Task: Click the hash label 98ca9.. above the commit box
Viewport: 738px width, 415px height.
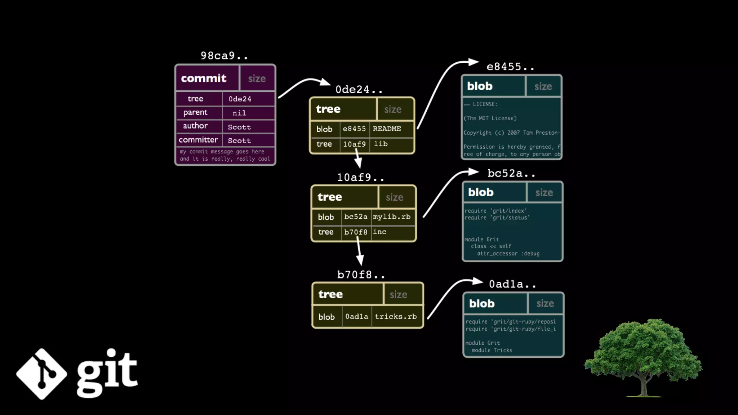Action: (x=224, y=56)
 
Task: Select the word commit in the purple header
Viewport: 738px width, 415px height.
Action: (x=204, y=78)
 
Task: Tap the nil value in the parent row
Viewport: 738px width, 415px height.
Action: (x=239, y=113)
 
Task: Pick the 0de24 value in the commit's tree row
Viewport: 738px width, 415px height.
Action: (x=240, y=99)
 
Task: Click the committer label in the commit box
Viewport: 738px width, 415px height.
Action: (x=198, y=140)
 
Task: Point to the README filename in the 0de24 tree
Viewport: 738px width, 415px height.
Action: (x=387, y=129)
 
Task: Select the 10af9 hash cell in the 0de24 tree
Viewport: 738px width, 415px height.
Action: (x=354, y=144)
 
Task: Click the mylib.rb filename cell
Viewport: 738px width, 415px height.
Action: (x=392, y=217)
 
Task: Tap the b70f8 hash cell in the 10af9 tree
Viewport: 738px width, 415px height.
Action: (x=356, y=232)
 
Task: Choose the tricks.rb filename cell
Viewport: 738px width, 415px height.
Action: (x=396, y=317)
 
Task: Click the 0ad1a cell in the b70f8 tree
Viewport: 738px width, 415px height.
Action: (x=357, y=317)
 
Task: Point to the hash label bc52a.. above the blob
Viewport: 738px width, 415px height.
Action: (x=511, y=174)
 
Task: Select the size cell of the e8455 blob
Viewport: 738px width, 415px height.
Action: (x=543, y=86)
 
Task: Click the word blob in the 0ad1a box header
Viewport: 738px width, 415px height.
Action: (x=482, y=304)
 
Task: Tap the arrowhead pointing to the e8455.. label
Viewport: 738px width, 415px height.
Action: (x=473, y=62)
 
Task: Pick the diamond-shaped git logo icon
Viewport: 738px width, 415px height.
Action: (x=42, y=374)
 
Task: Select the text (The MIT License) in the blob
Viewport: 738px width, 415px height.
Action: (x=490, y=119)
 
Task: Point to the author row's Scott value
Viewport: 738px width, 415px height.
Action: (x=239, y=127)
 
